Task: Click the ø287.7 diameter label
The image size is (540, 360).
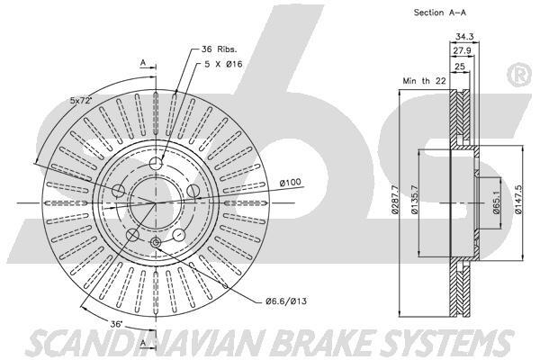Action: point(396,206)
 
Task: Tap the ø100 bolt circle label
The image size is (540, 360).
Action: point(289,184)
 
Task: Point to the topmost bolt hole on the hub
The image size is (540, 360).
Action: point(157,163)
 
